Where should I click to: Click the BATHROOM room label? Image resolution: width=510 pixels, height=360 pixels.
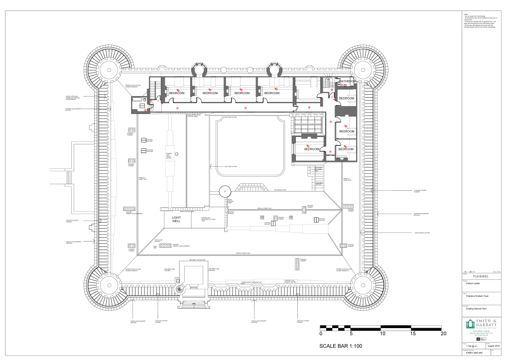coord(348,81)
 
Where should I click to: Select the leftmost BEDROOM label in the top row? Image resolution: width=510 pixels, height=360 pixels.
coord(176,93)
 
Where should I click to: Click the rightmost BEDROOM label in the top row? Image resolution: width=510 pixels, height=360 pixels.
coord(272,93)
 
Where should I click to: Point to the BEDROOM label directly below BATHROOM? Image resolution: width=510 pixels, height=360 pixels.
coord(347,99)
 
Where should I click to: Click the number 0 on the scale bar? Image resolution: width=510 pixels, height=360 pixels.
coord(321,334)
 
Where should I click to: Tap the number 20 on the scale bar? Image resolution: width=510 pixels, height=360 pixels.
coord(443,334)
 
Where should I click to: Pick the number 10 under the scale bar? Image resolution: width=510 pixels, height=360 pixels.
coord(382,334)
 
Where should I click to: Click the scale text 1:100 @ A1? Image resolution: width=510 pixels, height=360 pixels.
coord(471,345)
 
